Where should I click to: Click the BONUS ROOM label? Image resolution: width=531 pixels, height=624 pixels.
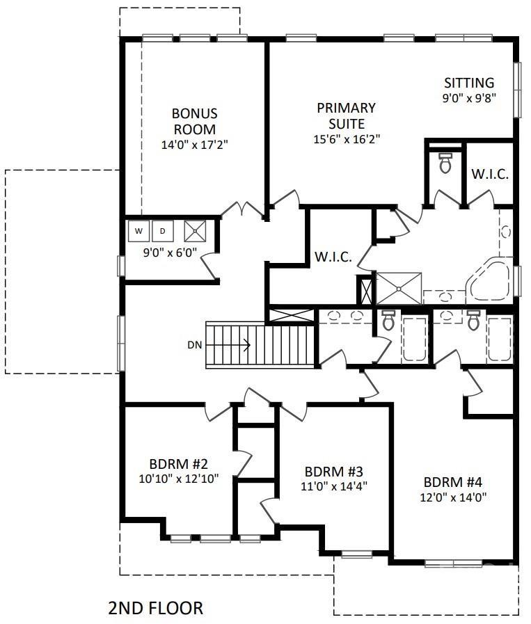click(x=195, y=121)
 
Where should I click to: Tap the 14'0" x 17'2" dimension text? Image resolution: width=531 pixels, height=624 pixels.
click(x=195, y=145)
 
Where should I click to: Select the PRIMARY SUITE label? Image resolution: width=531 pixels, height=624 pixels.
click(x=347, y=115)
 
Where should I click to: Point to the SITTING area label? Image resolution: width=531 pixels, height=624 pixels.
click(x=469, y=83)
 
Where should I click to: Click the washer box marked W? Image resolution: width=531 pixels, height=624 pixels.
click(x=138, y=231)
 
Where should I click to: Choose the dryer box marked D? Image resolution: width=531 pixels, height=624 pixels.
click(x=163, y=231)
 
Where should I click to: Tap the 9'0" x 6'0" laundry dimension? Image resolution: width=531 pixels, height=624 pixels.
click(x=170, y=253)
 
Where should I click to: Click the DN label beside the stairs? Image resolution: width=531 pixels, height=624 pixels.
click(x=195, y=345)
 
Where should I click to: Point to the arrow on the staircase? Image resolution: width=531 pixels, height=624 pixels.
click(x=228, y=344)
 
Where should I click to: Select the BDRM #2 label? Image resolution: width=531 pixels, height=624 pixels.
click(x=179, y=464)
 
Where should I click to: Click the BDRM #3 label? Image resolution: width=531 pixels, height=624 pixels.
click(x=333, y=472)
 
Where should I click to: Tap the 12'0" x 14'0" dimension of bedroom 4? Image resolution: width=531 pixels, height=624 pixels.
click(x=453, y=497)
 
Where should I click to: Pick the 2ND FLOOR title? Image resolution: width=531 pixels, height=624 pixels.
click(x=156, y=608)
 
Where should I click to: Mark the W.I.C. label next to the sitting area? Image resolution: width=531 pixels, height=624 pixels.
click(x=490, y=174)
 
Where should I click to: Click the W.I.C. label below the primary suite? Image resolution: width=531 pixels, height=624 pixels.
click(x=333, y=257)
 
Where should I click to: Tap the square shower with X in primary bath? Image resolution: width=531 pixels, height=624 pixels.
click(x=399, y=289)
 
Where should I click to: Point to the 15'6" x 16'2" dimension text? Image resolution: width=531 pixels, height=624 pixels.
click(x=347, y=139)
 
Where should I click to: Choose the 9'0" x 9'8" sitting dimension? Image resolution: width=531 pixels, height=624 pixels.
click(x=469, y=98)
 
